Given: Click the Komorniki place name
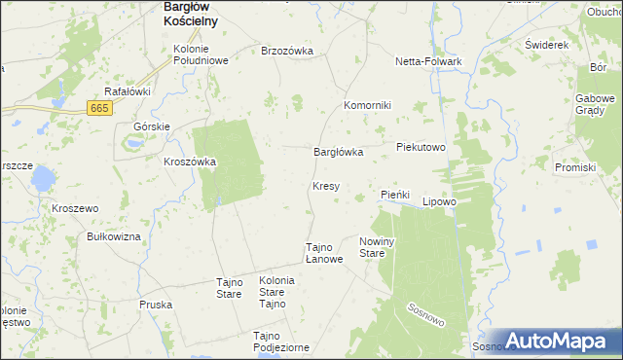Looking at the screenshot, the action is pyautogui.click(x=367, y=105).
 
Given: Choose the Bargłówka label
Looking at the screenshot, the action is pyautogui.click(x=338, y=152).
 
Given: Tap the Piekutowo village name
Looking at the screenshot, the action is pyautogui.click(x=421, y=147).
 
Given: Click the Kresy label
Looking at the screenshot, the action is pyautogui.click(x=325, y=185).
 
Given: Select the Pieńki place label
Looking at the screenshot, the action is pyautogui.click(x=396, y=195).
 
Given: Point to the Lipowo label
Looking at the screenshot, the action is pyautogui.click(x=439, y=202).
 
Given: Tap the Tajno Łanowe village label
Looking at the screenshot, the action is pyautogui.click(x=324, y=253).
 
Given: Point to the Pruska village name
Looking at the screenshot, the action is pyautogui.click(x=156, y=305).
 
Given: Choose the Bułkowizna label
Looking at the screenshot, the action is pyautogui.click(x=114, y=236).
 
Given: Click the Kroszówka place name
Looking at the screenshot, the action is pyautogui.click(x=190, y=162).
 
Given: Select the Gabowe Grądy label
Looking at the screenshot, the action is pyautogui.click(x=596, y=104).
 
